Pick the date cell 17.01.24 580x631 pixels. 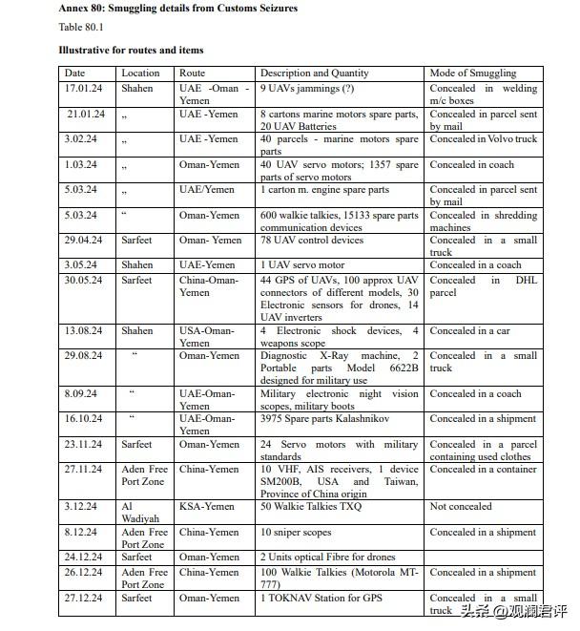[83, 89]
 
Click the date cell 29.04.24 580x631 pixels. [83, 241]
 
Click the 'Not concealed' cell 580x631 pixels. [462, 508]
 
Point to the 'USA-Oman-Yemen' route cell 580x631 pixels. [207, 337]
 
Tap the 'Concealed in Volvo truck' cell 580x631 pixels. [483, 139]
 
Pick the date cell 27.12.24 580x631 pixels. [83, 599]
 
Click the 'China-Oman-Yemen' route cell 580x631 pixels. [209, 286]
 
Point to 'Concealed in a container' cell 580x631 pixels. [483, 470]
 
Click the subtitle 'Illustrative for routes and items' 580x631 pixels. [130, 49]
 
